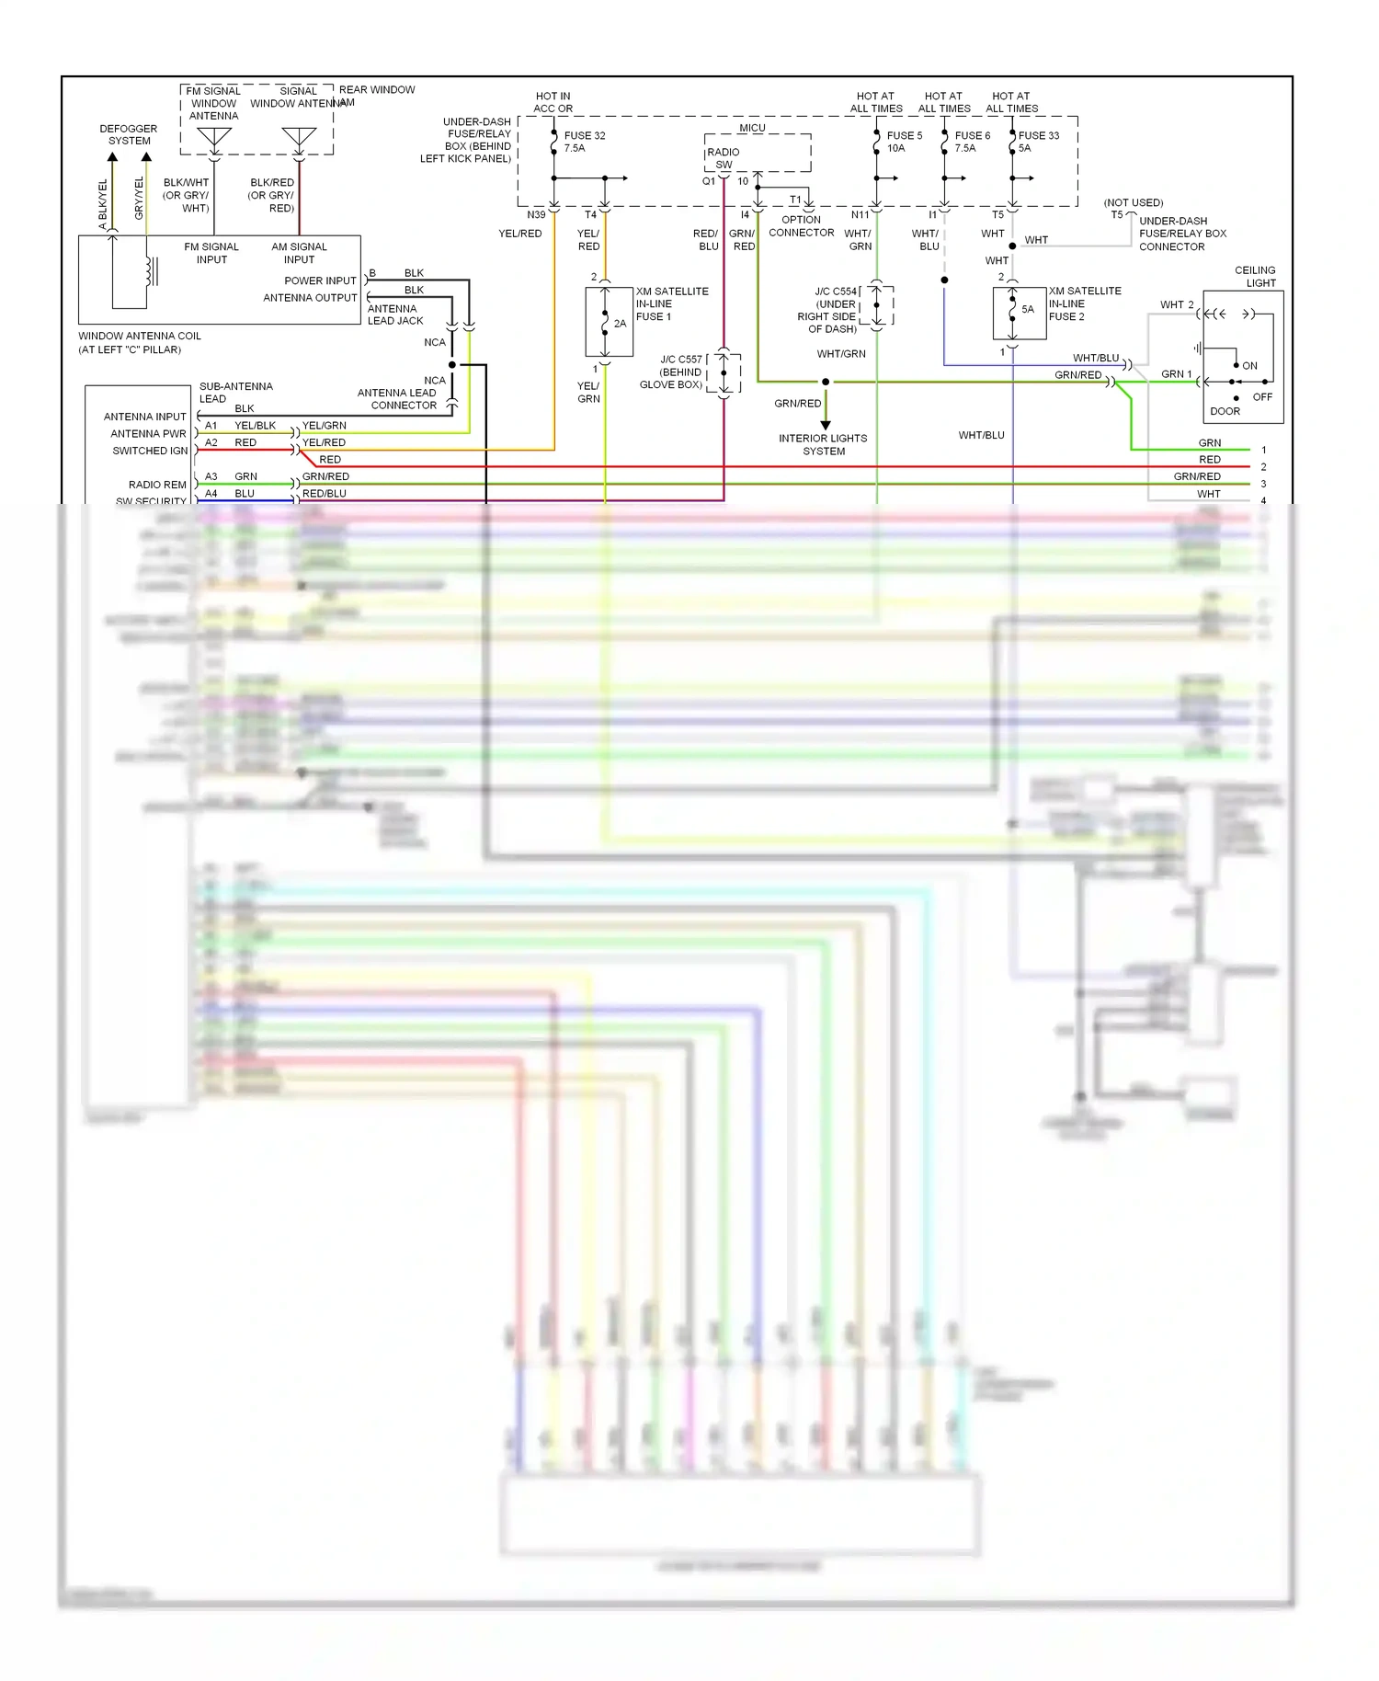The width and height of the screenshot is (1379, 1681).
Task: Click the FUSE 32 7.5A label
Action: point(584,142)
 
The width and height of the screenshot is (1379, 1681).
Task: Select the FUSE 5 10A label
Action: point(904,142)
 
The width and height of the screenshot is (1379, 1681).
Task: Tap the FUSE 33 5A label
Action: point(1038,142)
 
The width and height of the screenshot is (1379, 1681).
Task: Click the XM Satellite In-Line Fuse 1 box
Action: point(609,322)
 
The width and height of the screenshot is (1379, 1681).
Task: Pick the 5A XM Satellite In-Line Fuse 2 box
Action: point(1019,314)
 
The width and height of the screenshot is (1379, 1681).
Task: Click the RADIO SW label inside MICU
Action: point(724,158)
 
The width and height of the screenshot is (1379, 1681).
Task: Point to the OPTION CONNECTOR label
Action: point(801,226)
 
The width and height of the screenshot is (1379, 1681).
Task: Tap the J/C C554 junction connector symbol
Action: point(877,306)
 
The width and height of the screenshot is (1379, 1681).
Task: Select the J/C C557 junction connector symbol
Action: point(724,372)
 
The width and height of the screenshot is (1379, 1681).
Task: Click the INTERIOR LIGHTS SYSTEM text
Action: point(823,445)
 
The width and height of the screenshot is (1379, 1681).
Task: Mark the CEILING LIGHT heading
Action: point(1255,277)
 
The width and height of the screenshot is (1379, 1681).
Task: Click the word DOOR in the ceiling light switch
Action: point(1225,411)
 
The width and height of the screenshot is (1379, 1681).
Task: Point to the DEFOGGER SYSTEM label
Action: point(129,135)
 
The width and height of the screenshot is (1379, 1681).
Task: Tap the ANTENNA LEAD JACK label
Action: point(395,314)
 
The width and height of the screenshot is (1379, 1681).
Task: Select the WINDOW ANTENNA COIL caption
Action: point(140,342)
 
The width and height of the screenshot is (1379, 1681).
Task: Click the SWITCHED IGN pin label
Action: point(150,451)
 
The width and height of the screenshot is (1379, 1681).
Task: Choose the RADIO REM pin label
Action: point(157,485)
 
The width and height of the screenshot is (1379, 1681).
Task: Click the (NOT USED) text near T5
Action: point(1134,202)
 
